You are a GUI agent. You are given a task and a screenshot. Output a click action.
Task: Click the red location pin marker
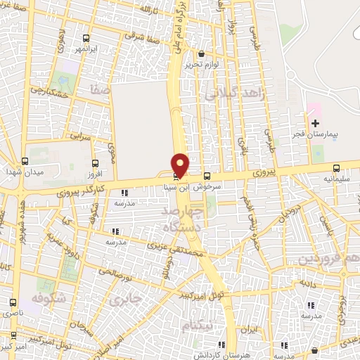coord(181,165)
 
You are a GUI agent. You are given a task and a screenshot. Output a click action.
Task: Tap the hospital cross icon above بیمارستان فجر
coord(314,123)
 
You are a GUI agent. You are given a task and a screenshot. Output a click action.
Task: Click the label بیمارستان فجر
coord(316,133)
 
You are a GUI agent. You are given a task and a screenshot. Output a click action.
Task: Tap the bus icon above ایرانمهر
coord(86,39)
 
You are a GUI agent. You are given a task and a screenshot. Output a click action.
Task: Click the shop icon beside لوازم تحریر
coord(202,54)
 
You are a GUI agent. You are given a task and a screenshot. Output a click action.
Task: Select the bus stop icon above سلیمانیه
coord(336,168)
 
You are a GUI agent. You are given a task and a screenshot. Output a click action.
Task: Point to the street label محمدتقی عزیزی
coord(176,245)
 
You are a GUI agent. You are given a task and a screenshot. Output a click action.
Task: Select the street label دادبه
coord(308,284)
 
